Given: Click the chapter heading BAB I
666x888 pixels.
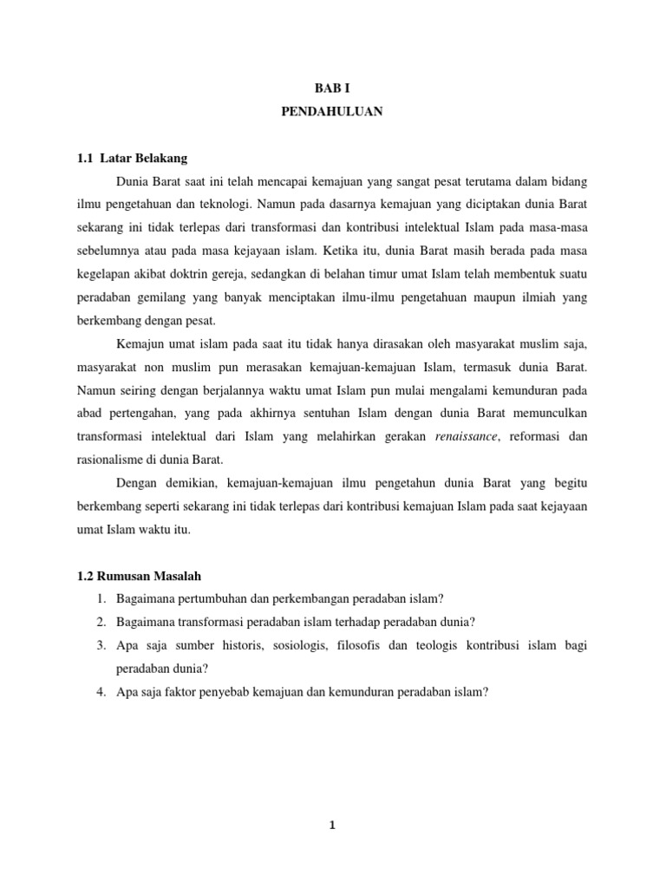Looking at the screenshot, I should pos(332,88).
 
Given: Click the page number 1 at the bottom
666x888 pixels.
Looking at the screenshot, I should pos(332,826).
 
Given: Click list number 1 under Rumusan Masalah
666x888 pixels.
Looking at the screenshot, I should pos(101,599).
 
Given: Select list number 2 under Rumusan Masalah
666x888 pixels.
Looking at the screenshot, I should pos(101,622).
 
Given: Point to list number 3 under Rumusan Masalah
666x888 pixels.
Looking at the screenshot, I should pos(101,645).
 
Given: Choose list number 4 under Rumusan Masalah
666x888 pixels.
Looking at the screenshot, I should pos(101,692).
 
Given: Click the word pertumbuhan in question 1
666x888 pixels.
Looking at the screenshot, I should pos(211,599).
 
